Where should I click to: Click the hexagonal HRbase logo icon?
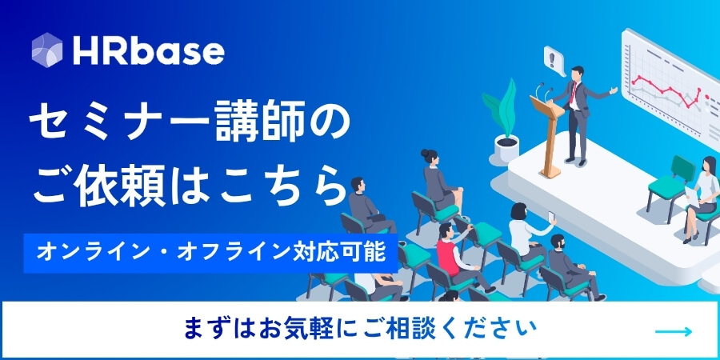pyautogui.click(x=47, y=50)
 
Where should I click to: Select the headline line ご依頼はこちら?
pyautogui.click(x=189, y=188)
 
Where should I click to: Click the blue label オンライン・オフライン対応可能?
pyautogui.click(x=210, y=253)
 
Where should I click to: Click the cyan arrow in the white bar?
pyautogui.click(x=673, y=331)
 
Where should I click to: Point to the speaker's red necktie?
pyautogui.click(x=573, y=91)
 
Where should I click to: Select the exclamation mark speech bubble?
pyautogui.click(x=554, y=61)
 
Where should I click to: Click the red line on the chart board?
pyautogui.click(x=666, y=90)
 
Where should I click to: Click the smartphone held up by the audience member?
pyautogui.click(x=551, y=216)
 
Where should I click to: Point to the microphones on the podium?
pyautogui.click(x=543, y=92)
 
